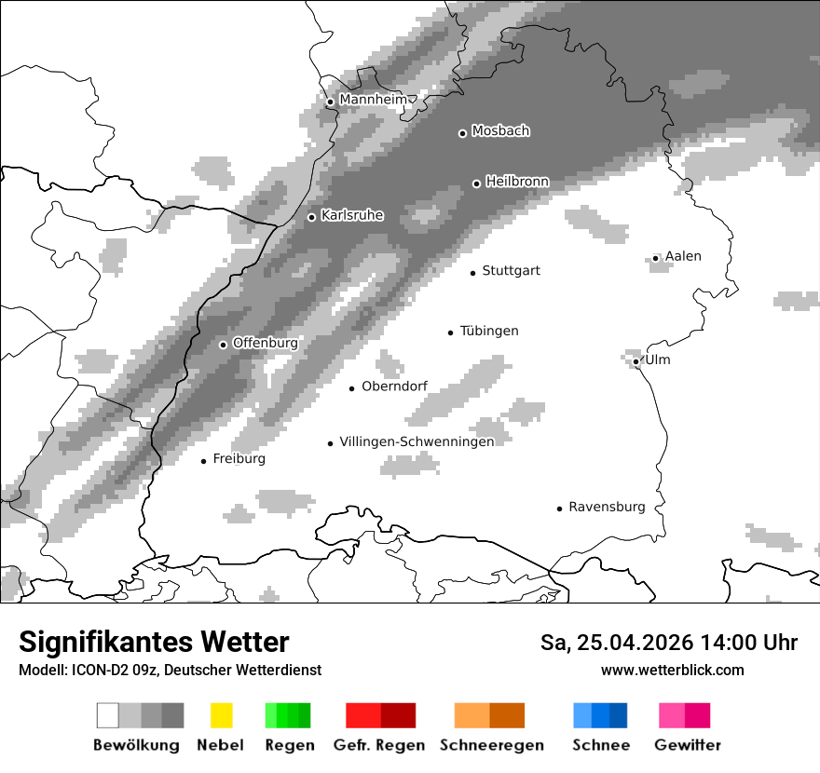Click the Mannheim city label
(x=373, y=100)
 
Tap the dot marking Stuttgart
(x=473, y=273)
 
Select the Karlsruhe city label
(x=352, y=215)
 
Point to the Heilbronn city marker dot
(x=476, y=183)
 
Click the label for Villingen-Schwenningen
(x=417, y=441)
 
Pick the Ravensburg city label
(x=607, y=507)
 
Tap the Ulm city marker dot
(x=635, y=361)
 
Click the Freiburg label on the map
(x=239, y=459)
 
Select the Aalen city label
(x=683, y=256)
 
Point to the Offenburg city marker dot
(x=223, y=345)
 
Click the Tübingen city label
(x=489, y=331)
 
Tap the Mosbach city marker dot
(x=462, y=133)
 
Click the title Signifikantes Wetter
(x=154, y=643)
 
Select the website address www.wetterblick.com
(x=672, y=670)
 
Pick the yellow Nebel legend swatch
(x=221, y=715)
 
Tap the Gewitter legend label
(x=687, y=745)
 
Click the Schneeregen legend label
(x=491, y=745)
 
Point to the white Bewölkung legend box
(x=108, y=715)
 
